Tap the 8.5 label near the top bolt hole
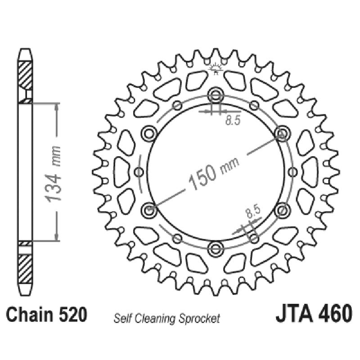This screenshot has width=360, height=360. pyautogui.click(x=232, y=120)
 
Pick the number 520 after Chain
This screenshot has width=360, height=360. pyautogui.click(x=72, y=315)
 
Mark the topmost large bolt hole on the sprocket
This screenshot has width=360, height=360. pyautogui.click(x=216, y=95)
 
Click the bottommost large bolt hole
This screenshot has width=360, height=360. pyautogui.click(x=216, y=248)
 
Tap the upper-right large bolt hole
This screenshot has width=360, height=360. pyautogui.click(x=283, y=133)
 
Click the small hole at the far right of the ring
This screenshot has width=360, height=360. pyautogui.click(x=293, y=171)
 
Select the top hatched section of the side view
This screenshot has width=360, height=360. pyautogui.click(x=25, y=74)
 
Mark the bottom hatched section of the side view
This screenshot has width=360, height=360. pyautogui.click(x=25, y=269)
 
